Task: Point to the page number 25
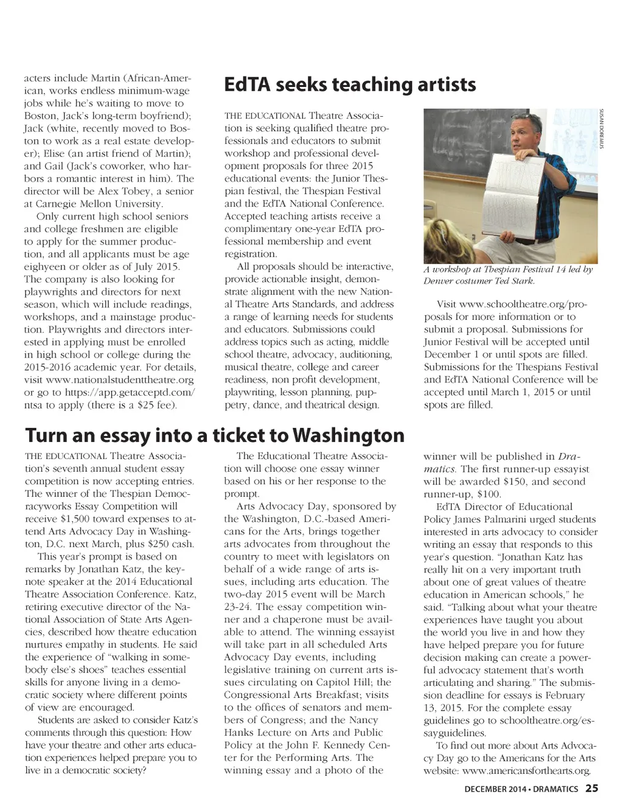592,789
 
